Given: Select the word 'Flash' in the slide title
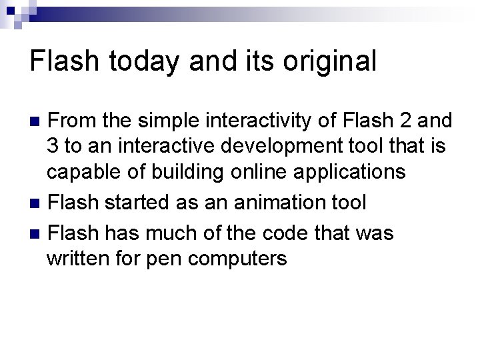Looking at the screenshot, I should point(61,61).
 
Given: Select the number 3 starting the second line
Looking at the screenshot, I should point(53,146).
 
